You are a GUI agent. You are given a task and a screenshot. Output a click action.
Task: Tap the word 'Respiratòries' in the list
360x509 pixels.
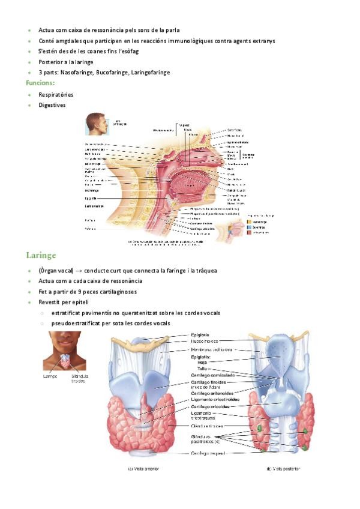[56, 94]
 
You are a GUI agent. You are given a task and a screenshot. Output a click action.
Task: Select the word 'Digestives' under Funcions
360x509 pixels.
[52, 105]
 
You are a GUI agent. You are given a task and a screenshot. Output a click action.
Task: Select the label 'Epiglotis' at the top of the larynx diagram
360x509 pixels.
[200, 335]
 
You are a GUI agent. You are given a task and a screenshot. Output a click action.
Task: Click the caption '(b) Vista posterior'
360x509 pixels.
[283, 469]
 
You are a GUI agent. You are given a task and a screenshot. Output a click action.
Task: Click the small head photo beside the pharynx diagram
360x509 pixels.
[97, 124]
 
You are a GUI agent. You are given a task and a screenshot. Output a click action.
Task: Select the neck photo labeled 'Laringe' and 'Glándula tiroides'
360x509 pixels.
[64, 352]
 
